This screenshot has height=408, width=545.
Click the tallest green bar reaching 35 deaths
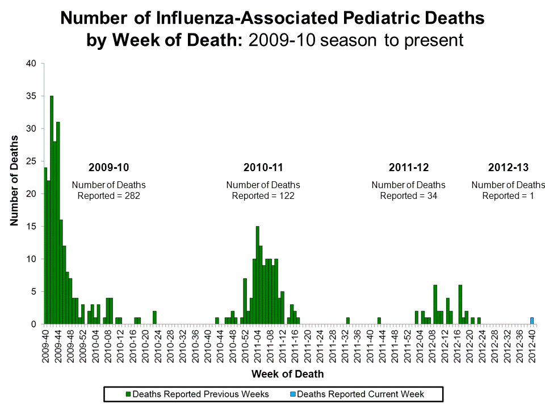[x=52, y=210]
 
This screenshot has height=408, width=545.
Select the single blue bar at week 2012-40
[x=532, y=321]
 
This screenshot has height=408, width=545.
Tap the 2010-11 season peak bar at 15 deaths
[x=257, y=275]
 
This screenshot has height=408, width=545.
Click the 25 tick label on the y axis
[x=32, y=161]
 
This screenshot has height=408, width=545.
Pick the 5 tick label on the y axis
[x=34, y=292]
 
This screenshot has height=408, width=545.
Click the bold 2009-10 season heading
[x=108, y=168]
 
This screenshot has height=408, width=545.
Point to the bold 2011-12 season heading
[x=409, y=168]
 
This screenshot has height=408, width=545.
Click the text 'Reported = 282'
[x=108, y=195]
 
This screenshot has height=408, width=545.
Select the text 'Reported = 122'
[x=263, y=195]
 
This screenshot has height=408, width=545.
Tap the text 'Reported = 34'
[x=409, y=195]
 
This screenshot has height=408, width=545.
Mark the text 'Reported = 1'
[x=508, y=195]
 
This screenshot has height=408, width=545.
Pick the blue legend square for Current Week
[x=292, y=394]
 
